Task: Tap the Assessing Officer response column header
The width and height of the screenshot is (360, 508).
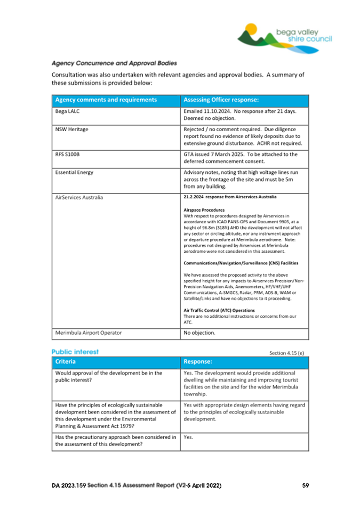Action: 221,100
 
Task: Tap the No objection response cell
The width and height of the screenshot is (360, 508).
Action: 199,333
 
